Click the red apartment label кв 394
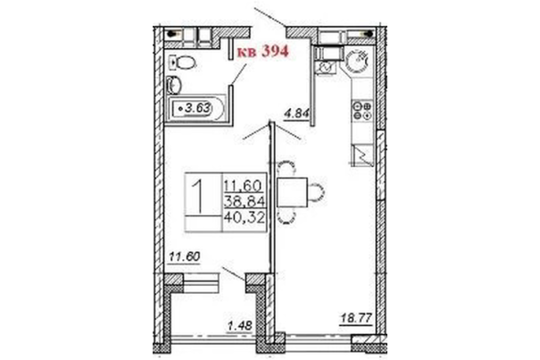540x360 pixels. coord(263,52)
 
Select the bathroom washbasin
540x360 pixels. coord(174,85)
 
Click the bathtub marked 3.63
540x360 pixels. coord(196,109)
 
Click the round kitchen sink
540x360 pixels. coord(357,61)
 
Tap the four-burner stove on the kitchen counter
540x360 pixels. coord(362,111)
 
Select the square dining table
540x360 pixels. coord(292,192)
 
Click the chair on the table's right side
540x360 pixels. coord(316,192)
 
